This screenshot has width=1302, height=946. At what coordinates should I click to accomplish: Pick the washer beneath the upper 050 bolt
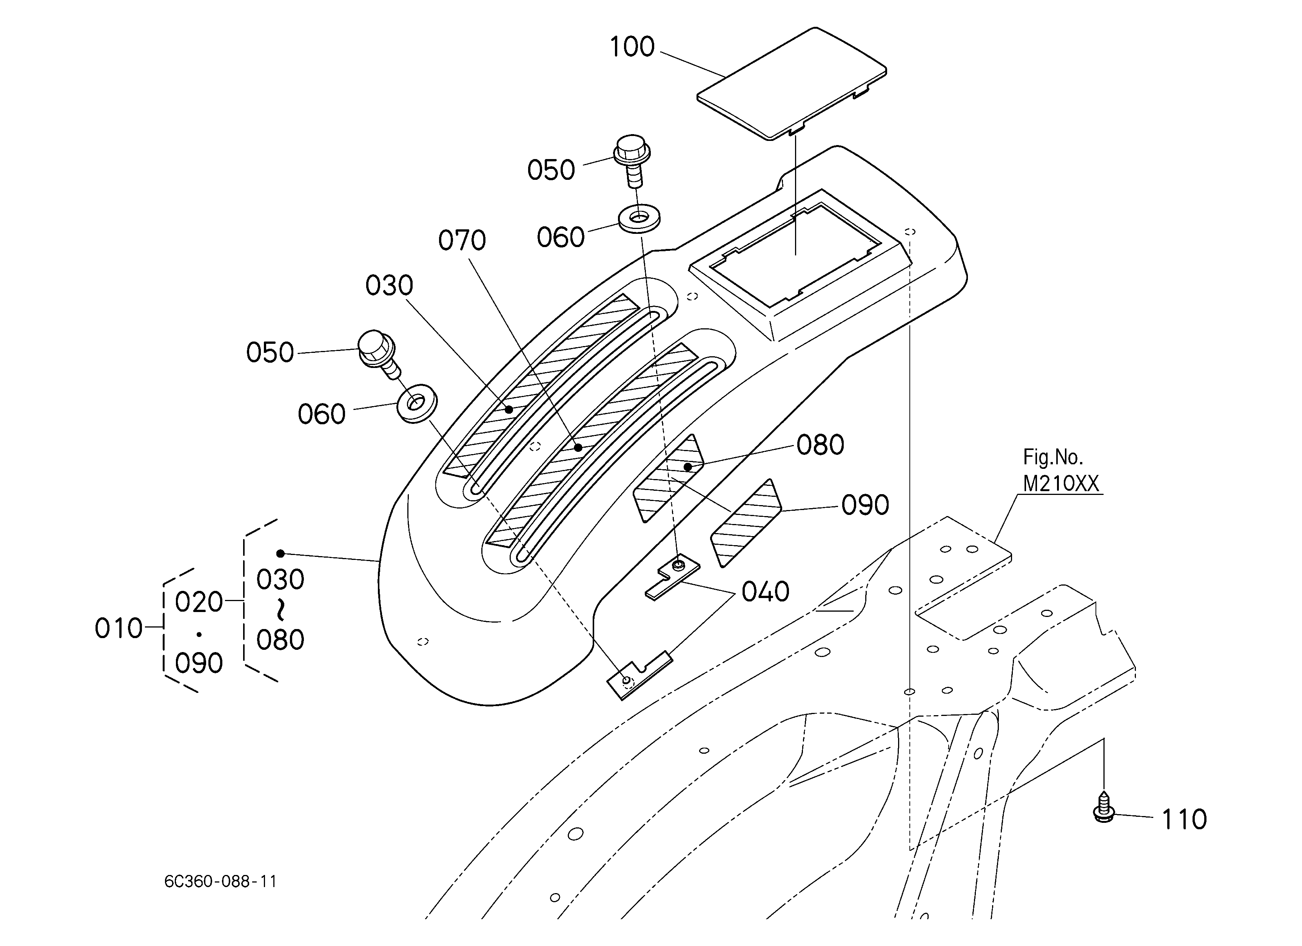pos(639,218)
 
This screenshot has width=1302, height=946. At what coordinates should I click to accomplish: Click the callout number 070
pos(462,240)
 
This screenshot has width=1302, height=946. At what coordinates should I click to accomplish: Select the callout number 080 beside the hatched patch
pos(820,445)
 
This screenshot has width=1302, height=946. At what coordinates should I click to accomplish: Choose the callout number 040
pos(765,592)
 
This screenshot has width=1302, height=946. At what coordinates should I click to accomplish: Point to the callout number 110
pos(1184,820)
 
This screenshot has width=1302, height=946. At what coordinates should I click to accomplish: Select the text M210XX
pos(1061,484)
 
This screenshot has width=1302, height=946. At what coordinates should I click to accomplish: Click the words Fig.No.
pos(1053,457)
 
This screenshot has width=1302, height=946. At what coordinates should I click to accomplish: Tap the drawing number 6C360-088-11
pos(220,882)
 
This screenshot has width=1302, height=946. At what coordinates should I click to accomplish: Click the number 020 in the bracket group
pos(199,602)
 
